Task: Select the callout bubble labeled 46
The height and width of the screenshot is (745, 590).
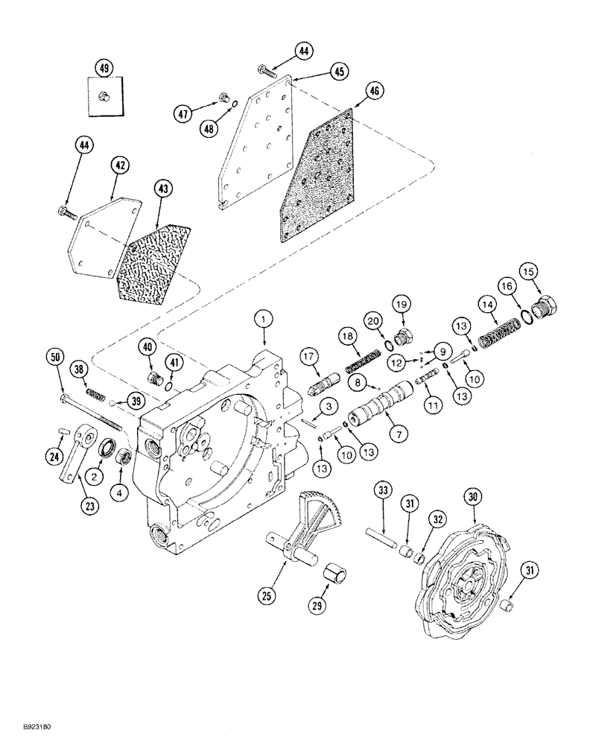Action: point(374,92)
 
